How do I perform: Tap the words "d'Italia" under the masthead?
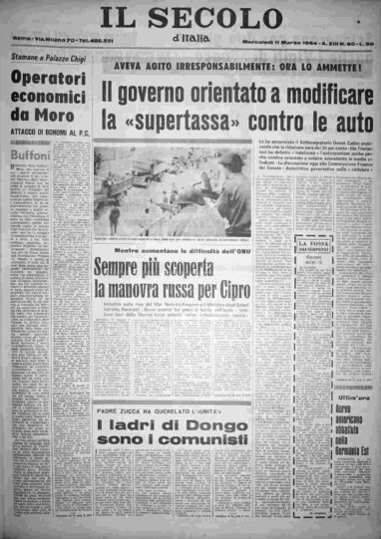click(191, 39)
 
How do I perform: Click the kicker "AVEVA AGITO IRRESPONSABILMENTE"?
click(193, 69)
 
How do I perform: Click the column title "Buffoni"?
click(31, 157)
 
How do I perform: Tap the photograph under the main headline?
click(187, 193)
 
